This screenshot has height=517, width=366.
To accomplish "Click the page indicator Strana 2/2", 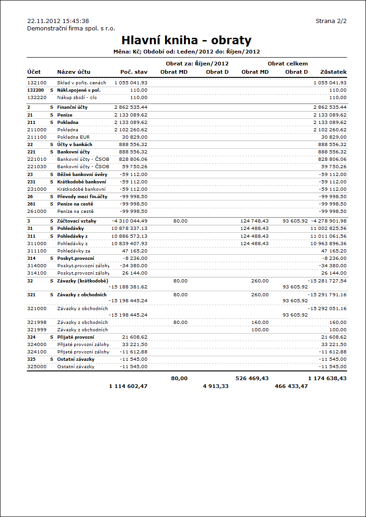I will [331, 21].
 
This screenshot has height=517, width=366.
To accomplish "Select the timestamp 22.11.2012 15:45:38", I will [58, 21].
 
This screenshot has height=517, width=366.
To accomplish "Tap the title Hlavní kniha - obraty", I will [186, 40].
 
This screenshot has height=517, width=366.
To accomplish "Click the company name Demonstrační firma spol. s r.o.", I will [71, 28].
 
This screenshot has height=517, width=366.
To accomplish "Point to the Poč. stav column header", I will [134, 72].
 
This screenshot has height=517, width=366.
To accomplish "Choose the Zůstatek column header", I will [333, 72].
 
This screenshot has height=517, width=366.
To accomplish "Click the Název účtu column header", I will [74, 72].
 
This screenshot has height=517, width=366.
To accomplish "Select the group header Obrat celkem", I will [288, 64].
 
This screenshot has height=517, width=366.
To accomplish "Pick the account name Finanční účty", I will [72, 107].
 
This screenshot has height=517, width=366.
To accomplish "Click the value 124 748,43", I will [254, 221].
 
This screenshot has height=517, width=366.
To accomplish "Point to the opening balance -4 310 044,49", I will [130, 221].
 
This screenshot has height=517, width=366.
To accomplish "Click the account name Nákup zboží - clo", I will [77, 98].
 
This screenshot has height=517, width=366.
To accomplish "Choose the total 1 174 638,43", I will [327, 378].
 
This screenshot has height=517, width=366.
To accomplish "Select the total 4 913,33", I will [216, 386].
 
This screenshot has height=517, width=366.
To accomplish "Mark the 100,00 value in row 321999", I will [260, 330].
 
